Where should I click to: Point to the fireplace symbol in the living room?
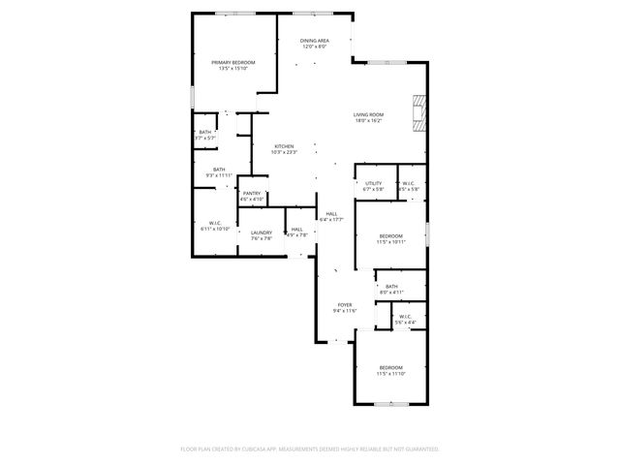pyautogui.click(x=418, y=111)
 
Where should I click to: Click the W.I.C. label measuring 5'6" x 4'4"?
pyautogui.click(x=404, y=318)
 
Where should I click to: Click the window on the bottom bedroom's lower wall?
pyautogui.click(x=389, y=404)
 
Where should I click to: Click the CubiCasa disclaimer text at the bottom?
pyautogui.click(x=310, y=449)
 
